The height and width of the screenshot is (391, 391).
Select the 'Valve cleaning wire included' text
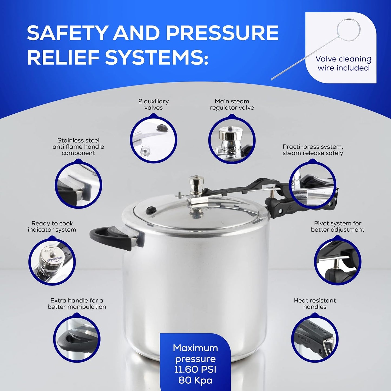tap(343, 63)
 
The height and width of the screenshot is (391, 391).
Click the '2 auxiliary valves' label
tap(153, 104)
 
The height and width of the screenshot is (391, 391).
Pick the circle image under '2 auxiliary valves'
tap(153, 139)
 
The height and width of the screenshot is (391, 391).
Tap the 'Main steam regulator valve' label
tap(232, 104)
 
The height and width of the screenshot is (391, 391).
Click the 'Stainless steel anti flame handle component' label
tap(78, 147)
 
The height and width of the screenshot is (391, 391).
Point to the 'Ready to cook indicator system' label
tap(52, 226)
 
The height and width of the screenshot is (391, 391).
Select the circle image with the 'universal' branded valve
tap(52, 261)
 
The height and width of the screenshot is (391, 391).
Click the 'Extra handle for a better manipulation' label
tap(77, 304)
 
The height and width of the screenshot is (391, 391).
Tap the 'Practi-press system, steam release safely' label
tap(313, 150)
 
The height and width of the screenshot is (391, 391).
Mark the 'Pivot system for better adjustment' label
tap(337, 226)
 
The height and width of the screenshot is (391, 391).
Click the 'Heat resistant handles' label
tap(315, 304)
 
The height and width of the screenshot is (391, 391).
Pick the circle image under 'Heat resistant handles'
tap(315, 338)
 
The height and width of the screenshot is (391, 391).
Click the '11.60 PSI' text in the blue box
tap(195, 370)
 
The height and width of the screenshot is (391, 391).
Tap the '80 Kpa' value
tap(195, 380)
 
